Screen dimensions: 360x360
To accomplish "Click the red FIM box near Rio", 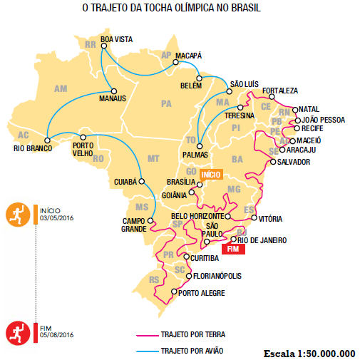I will [233, 249].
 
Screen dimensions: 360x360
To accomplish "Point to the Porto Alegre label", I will [202, 293].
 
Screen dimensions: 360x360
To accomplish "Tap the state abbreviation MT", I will [153, 158].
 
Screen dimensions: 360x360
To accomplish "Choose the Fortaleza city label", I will [279, 91].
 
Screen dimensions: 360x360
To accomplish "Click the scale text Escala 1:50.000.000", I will [309, 353].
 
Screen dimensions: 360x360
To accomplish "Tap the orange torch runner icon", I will [16, 214].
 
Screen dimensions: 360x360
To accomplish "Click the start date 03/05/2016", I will [57, 219].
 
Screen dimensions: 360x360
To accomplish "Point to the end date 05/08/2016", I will [57, 334].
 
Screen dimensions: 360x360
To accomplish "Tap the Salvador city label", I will [294, 162].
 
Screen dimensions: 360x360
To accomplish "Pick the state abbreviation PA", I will [167, 104].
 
